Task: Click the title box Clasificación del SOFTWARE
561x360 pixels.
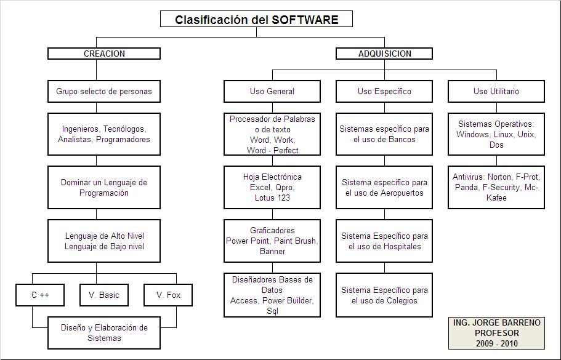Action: tap(256, 19)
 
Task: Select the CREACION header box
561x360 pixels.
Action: tap(104, 54)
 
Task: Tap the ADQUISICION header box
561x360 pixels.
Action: tap(384, 54)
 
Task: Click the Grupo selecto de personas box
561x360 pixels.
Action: tap(104, 91)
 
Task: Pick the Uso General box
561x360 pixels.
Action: tap(272, 91)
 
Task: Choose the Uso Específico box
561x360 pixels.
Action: tap(384, 91)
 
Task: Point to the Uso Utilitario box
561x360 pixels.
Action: tap(496, 91)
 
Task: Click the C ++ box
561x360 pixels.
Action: tap(40, 295)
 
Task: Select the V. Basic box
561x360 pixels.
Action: tap(104, 295)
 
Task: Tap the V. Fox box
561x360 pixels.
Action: tap(168, 295)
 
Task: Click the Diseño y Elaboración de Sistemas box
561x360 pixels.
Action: tap(104, 332)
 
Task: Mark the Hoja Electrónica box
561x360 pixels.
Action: tap(272, 188)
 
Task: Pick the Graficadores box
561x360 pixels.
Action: tap(272, 241)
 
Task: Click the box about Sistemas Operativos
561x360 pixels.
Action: tap(496, 134)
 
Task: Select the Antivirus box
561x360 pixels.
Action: tap(496, 188)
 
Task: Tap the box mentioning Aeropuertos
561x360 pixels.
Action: tap(384, 188)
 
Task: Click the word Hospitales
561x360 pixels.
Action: tap(401, 246)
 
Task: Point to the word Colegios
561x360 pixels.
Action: tap(402, 300)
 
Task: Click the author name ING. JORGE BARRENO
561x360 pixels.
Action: tap(496, 322)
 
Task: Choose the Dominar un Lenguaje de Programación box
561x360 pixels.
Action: tap(104, 188)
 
